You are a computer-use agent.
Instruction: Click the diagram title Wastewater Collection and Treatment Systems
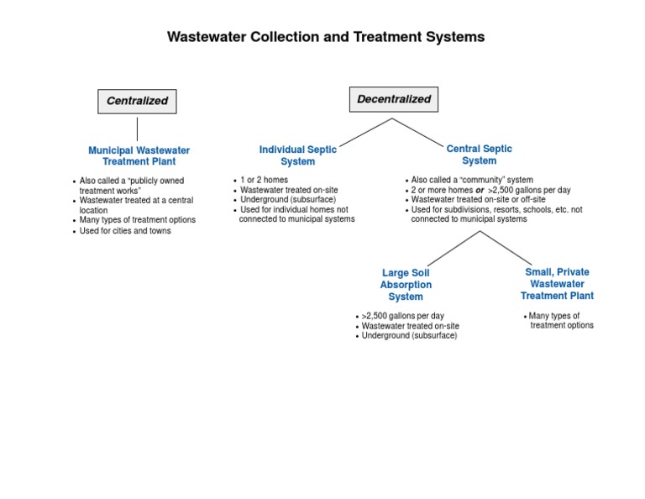tap(326, 37)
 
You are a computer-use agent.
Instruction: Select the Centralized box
tap(137, 101)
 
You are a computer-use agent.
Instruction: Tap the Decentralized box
tap(393, 99)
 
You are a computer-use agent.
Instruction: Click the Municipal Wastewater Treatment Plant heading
tap(139, 155)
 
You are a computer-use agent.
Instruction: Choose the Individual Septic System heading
tap(297, 155)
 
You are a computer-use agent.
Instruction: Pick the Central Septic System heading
tap(479, 155)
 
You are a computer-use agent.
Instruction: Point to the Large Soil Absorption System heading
tap(406, 285)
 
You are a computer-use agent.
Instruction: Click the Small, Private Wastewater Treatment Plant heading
tap(557, 284)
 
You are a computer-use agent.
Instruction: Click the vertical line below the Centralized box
tap(137, 129)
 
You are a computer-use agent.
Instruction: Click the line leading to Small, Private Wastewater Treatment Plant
tap(506, 247)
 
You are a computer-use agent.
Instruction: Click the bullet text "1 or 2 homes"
tap(265, 180)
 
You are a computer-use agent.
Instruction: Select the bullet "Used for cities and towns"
tap(125, 231)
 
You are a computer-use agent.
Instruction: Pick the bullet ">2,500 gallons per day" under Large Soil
tap(402, 316)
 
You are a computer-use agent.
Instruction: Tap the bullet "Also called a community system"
tap(472, 180)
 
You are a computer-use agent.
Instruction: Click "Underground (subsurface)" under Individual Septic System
tap(287, 200)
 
